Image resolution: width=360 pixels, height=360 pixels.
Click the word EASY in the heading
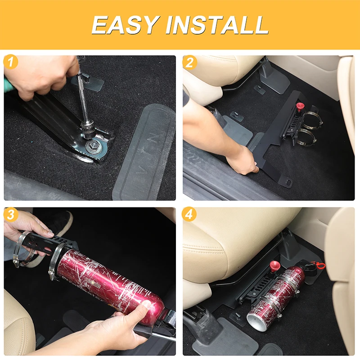[125, 25]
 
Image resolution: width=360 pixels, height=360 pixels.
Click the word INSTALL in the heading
[217, 25]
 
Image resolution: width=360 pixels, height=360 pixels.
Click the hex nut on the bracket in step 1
[94, 145]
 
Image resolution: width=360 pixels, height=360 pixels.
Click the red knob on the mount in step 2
[300, 107]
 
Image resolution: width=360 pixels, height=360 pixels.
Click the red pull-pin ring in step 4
[319, 265]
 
